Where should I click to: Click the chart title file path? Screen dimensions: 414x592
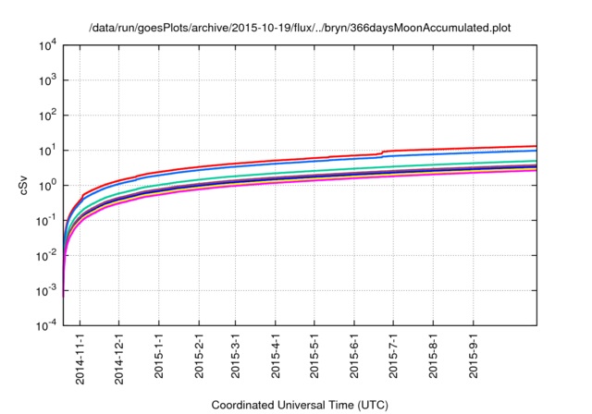pos(299,28)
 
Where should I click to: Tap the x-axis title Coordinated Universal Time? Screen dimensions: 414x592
pos(299,405)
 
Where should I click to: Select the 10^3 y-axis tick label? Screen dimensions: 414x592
pos(48,80)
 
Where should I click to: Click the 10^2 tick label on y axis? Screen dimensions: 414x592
pos(48,116)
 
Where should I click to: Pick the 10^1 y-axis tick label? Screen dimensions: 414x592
pos(48,151)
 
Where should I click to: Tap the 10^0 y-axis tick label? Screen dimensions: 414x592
pos(48,186)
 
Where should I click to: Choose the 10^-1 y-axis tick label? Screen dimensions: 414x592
pos(47,221)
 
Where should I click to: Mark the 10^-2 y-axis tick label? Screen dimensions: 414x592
pos(47,256)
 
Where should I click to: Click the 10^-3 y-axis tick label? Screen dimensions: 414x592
pos(47,291)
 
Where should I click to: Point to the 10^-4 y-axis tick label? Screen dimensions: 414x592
pos(47,326)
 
